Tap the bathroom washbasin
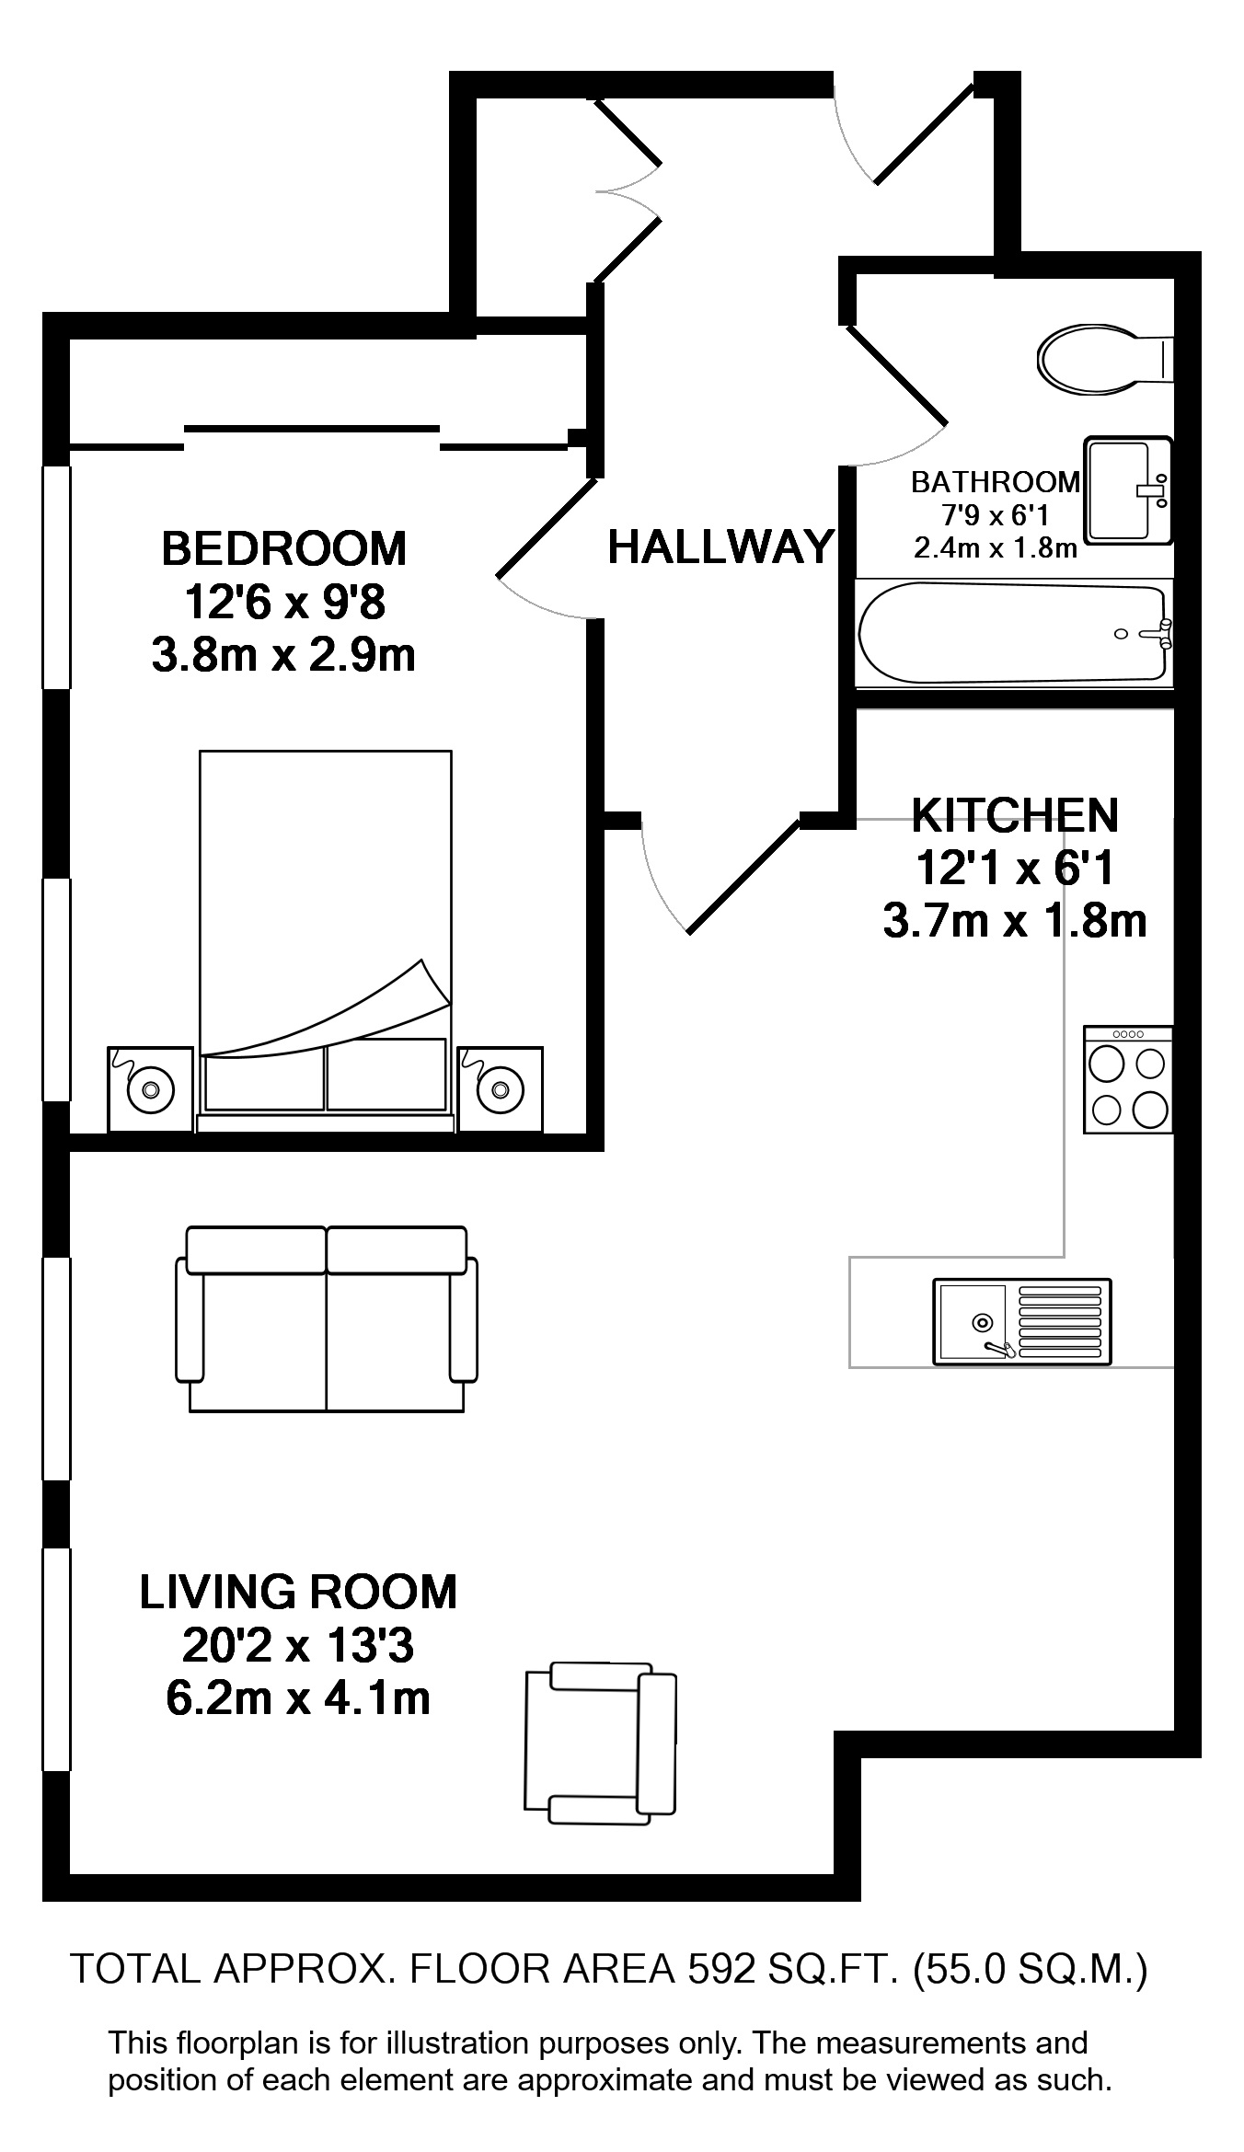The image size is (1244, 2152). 1128,490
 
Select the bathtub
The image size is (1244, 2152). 1014,634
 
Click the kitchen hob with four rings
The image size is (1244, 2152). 1128,1079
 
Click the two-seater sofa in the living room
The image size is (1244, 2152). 327,1318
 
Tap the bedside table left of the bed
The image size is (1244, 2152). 151,1088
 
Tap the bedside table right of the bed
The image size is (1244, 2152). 500,1088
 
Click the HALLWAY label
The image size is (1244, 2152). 721,547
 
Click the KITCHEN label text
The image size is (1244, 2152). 1015,814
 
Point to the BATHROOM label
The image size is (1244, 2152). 996,481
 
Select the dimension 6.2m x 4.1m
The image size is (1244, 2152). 298,1698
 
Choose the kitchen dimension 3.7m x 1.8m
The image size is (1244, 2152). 1015,921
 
